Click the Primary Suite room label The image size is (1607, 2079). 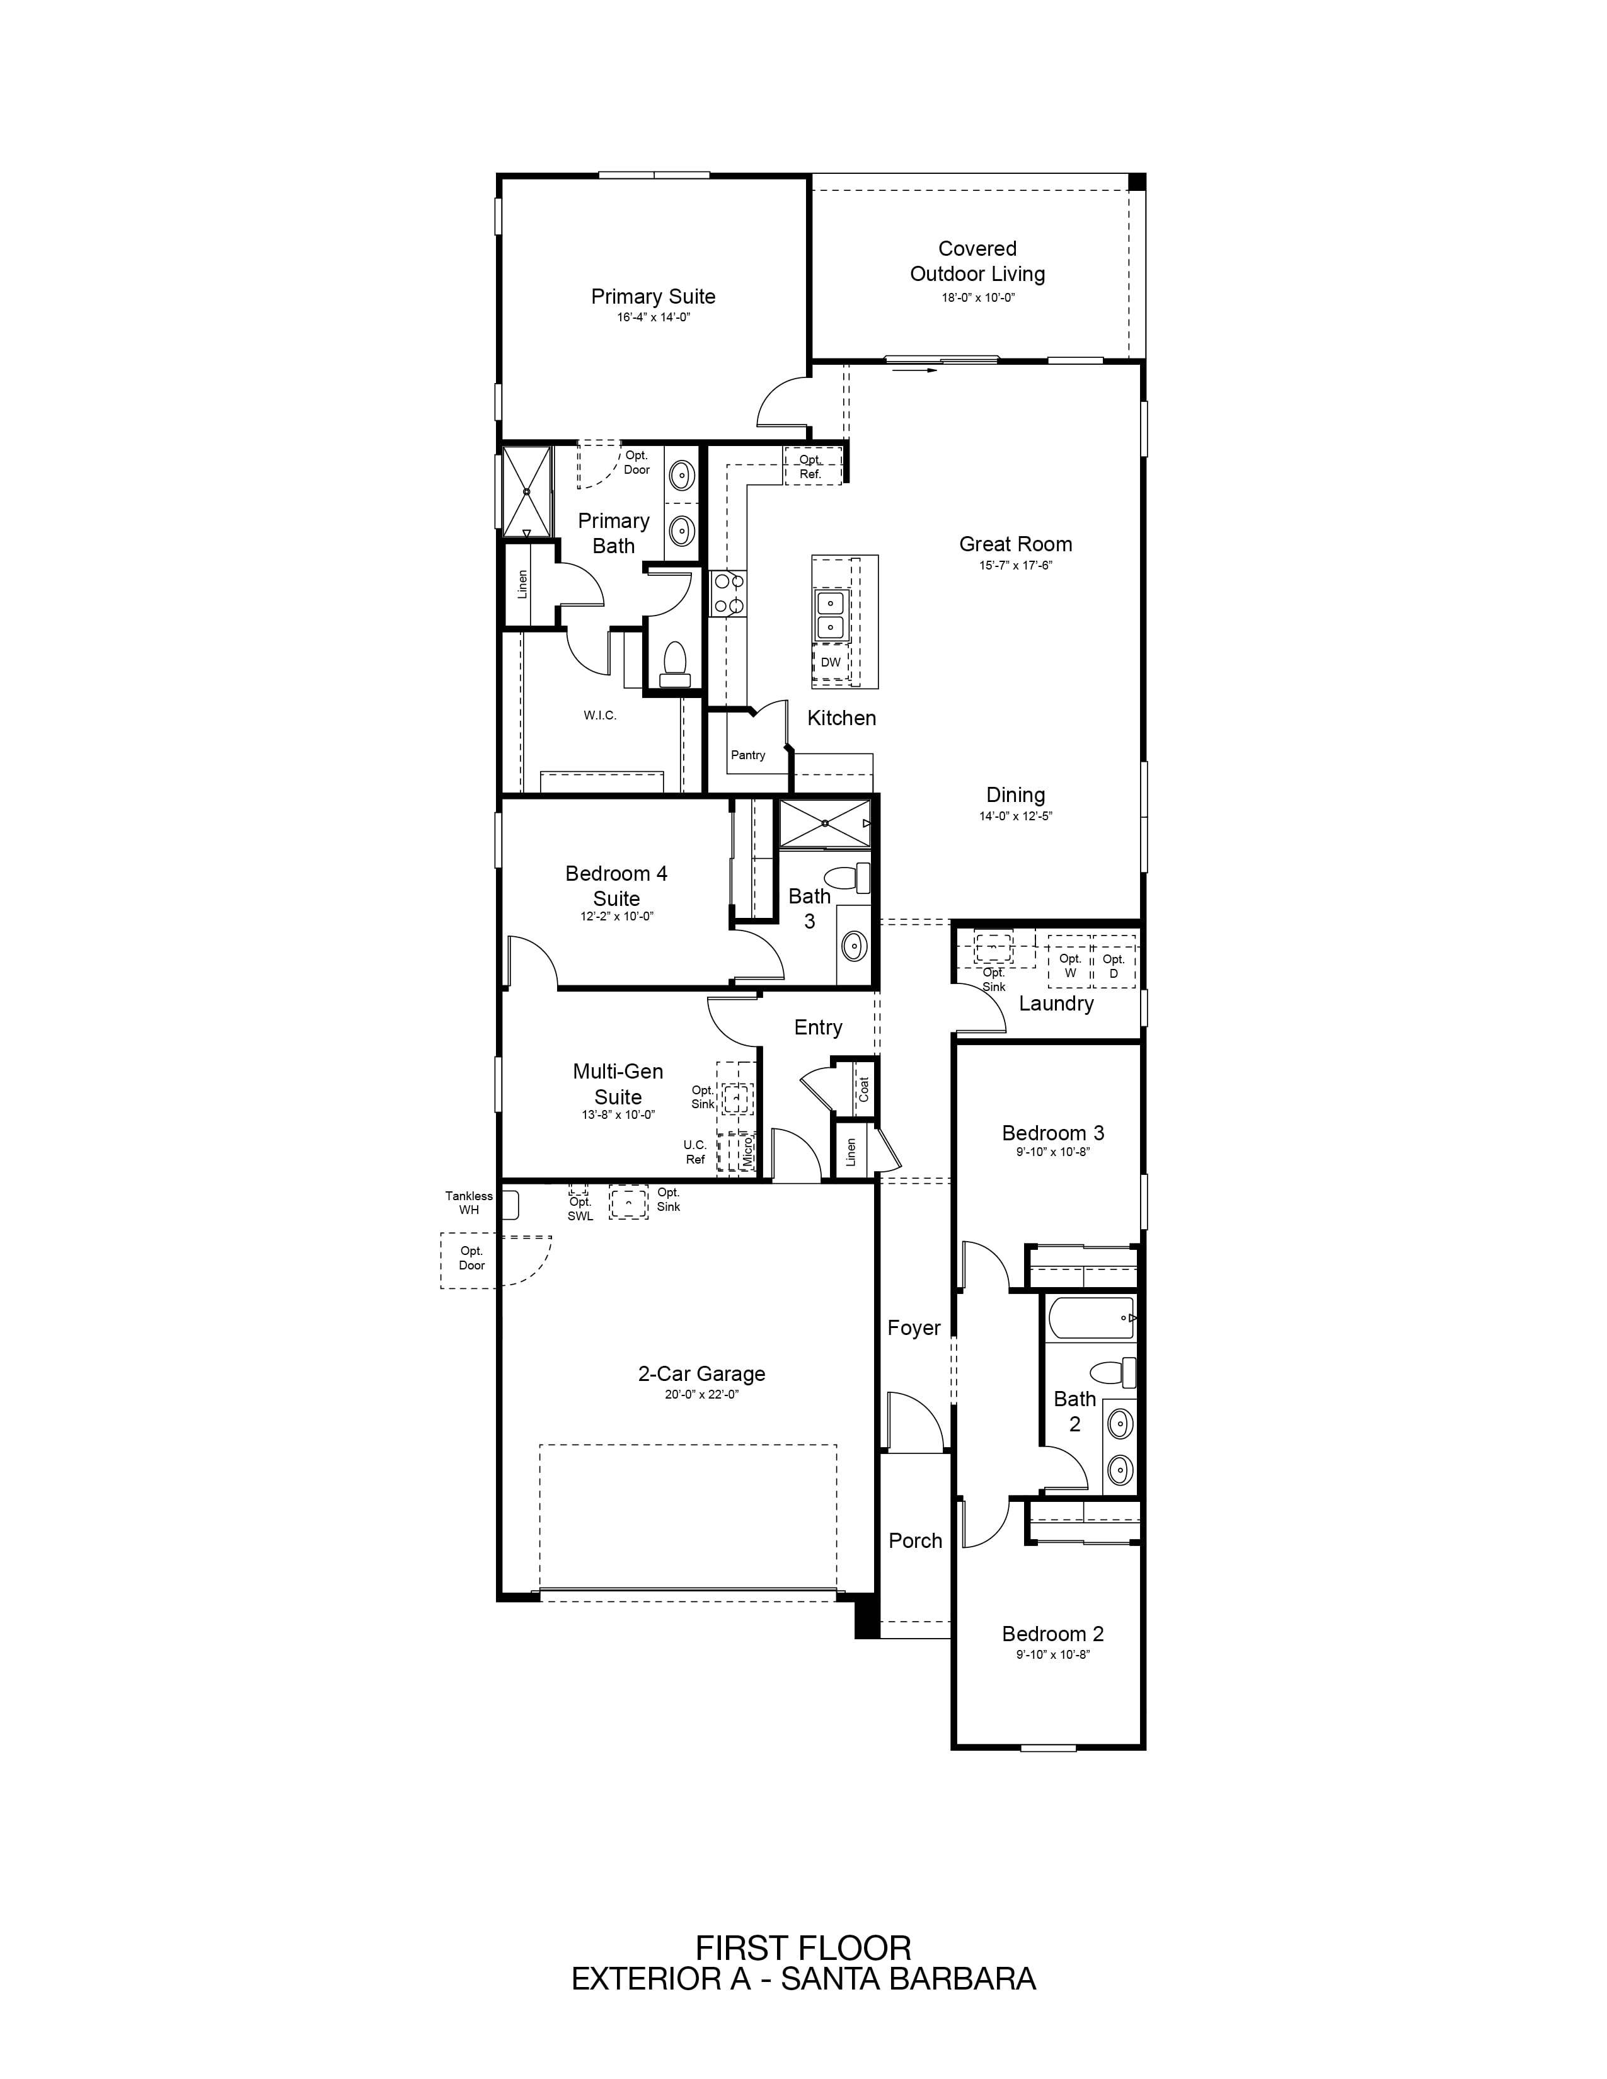click(x=653, y=296)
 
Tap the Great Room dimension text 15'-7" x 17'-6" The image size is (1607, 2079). click(x=1016, y=566)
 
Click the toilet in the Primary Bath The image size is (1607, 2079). click(x=675, y=663)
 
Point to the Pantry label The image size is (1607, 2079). click(x=748, y=755)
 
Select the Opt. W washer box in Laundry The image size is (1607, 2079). click(x=1070, y=963)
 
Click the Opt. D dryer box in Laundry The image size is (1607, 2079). click(x=1114, y=963)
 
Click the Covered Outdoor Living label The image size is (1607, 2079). click(x=977, y=261)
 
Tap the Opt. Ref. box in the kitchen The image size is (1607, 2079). click(x=812, y=466)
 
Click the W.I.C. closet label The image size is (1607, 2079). click(x=600, y=715)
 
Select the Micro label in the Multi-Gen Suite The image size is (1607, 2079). click(x=748, y=1151)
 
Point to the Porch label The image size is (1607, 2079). click(x=915, y=1540)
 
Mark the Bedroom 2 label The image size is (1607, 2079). click(x=1053, y=1634)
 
